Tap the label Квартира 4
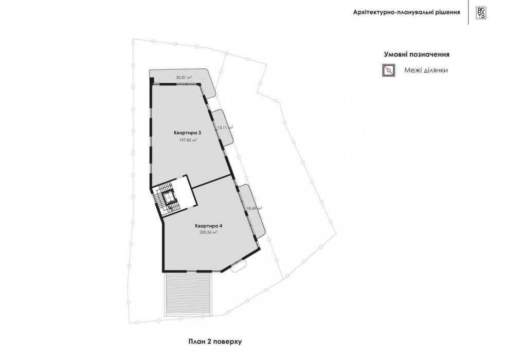(x=208, y=225)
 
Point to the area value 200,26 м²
(x=208, y=232)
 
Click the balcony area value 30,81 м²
(x=184, y=77)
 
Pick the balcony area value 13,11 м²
(x=225, y=127)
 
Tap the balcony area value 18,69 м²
(x=254, y=208)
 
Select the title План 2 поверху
(x=214, y=341)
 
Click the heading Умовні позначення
(x=417, y=54)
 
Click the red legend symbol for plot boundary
(x=389, y=70)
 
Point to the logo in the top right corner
(x=481, y=12)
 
